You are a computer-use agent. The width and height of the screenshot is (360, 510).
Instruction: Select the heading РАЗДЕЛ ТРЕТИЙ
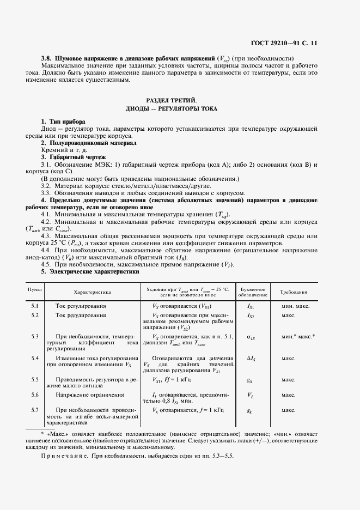pos(172,100)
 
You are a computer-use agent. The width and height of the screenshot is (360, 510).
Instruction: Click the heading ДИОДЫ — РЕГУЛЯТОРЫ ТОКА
pos(172,109)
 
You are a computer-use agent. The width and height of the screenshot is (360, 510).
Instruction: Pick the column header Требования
pos(297,292)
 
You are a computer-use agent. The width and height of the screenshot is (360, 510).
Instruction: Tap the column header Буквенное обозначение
pos(251,292)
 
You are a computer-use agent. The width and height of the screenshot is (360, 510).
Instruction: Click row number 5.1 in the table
pos(35,306)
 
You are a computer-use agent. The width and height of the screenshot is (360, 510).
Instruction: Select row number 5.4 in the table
pos(35,358)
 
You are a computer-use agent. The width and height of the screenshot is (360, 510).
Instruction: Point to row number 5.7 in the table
pos(35,409)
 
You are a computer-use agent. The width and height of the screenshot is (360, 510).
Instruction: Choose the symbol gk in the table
pos(250,410)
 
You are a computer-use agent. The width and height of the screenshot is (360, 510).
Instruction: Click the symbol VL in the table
pos(250,394)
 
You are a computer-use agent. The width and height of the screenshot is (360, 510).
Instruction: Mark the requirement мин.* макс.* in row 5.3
pos(297,337)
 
